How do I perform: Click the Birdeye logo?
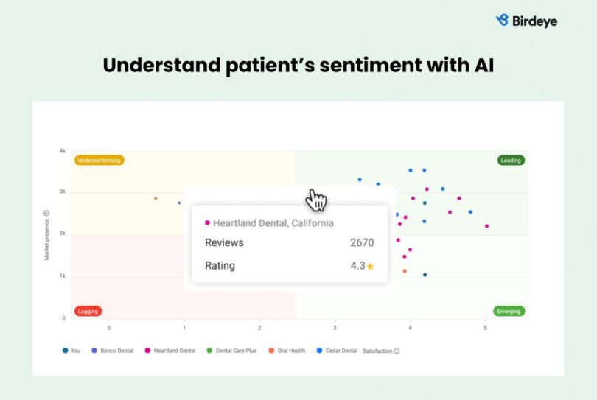pyautogui.click(x=526, y=21)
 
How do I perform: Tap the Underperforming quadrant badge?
pyautogui.click(x=99, y=160)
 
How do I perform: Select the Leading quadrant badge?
pyautogui.click(x=510, y=160)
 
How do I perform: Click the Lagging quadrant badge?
pyautogui.click(x=88, y=311)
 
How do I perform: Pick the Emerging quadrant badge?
pyautogui.click(x=509, y=311)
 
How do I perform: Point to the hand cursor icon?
pyautogui.click(x=317, y=200)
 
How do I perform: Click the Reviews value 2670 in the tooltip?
pyautogui.click(x=361, y=242)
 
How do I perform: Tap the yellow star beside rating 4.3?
pyautogui.click(x=371, y=266)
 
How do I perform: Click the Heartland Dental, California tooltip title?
pyautogui.click(x=273, y=222)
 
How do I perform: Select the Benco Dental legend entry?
pyautogui.click(x=113, y=351)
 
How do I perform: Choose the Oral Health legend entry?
pyautogui.click(x=287, y=351)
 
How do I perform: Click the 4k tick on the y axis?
pyautogui.click(x=63, y=151)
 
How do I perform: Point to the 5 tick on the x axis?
pyautogui.click(x=485, y=327)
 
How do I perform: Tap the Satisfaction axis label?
pyautogui.click(x=377, y=351)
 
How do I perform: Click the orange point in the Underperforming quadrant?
pyautogui.click(x=156, y=198)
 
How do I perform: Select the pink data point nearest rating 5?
pyautogui.click(x=486, y=226)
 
